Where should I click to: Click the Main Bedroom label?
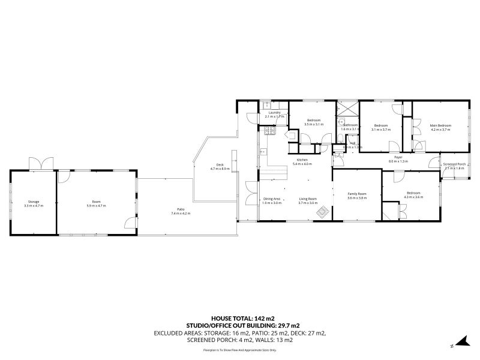pos(440,125)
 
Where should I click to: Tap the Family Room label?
pos(358,194)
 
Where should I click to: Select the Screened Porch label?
pos(454,164)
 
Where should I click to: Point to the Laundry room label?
pos(275,112)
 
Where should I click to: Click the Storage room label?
pos(33,202)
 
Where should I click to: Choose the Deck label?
pos(220,165)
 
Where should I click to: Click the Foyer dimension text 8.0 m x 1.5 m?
pos(398,161)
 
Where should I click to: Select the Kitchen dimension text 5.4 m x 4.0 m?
pos(302,164)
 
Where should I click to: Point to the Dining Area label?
pos(272,199)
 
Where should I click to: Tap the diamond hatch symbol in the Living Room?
pos(323,211)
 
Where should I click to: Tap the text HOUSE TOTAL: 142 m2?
pos(240,317)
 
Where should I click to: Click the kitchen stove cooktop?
pos(268,131)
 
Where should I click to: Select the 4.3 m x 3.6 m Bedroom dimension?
pos(413,197)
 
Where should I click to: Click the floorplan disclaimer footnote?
pos(240,349)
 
